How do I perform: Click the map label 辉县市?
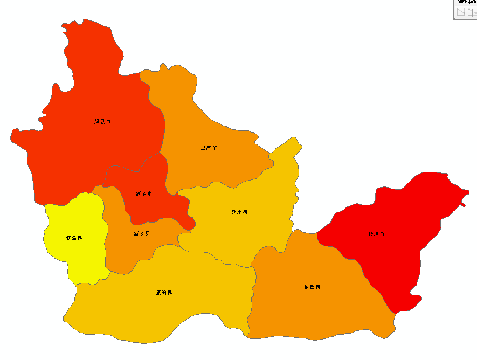pos(102,122)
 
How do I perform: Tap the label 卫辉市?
pos(209,148)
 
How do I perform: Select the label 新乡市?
pos(144,193)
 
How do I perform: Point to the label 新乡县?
pos(142,234)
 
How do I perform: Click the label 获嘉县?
pos(74,238)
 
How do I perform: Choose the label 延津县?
pos(239,212)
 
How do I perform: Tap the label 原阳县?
pos(164,293)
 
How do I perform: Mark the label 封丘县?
pos(312,287)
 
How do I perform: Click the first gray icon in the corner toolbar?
pos(460,12)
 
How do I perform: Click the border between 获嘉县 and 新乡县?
pos(104,237)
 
